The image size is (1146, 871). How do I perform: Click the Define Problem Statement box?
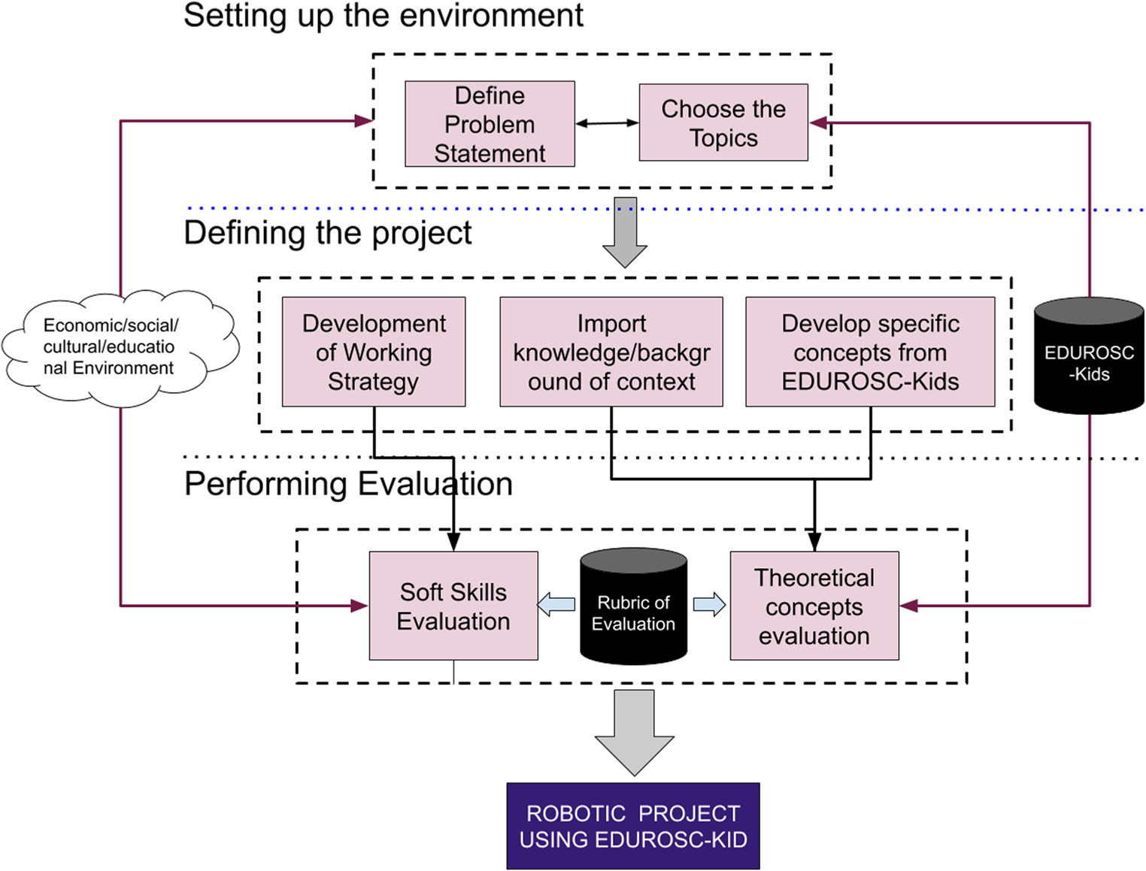(490, 124)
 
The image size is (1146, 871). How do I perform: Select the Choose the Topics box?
(723, 122)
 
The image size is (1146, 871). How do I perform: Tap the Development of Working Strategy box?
(374, 352)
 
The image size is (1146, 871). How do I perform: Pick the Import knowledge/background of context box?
(611, 352)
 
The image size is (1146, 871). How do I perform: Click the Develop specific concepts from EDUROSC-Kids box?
(870, 352)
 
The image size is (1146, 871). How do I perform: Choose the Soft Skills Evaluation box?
(453, 606)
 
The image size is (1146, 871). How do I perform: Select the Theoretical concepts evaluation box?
(814, 606)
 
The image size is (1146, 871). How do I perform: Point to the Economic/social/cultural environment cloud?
(113, 347)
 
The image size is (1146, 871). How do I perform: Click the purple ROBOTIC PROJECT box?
(633, 826)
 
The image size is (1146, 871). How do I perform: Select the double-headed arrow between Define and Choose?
(607, 123)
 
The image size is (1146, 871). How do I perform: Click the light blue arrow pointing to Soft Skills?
(556, 604)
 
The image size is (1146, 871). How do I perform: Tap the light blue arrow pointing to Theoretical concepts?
(709, 604)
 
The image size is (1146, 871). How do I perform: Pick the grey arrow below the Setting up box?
(625, 231)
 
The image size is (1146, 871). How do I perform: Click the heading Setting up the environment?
(384, 15)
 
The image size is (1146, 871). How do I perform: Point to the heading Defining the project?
(328, 233)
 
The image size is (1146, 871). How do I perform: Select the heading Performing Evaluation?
(348, 484)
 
